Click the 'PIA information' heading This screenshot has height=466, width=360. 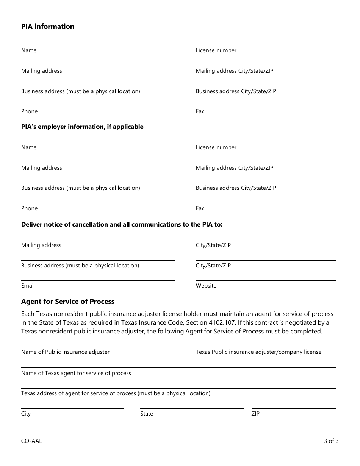(x=48, y=27)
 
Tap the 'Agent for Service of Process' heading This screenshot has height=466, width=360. (x=68, y=302)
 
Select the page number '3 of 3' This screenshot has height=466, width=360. (x=331, y=441)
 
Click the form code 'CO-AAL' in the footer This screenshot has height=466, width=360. (x=31, y=441)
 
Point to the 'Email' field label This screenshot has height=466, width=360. (x=28, y=286)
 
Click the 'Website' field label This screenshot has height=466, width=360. (x=206, y=286)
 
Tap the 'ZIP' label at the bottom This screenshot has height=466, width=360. (x=255, y=414)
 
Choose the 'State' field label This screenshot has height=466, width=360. (x=147, y=414)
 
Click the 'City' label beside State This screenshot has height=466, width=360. (x=26, y=414)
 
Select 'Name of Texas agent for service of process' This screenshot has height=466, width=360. (x=76, y=373)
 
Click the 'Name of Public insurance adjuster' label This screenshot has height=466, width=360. (x=65, y=352)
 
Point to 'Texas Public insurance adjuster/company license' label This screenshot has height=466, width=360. (x=258, y=352)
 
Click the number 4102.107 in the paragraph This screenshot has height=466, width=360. (x=268, y=322)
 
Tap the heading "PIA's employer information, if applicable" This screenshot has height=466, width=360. (x=82, y=127)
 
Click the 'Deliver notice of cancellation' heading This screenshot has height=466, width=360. (x=122, y=224)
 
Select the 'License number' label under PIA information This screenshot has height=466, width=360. (x=216, y=50)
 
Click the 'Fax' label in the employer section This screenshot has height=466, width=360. (x=200, y=208)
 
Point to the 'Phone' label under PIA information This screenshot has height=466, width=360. (x=29, y=111)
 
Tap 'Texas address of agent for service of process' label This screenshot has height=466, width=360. (x=116, y=393)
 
